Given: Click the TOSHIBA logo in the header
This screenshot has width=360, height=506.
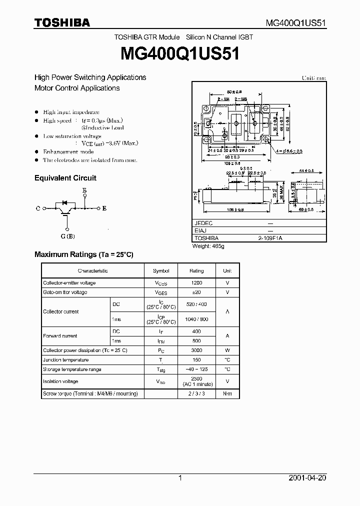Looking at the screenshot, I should pyautogui.click(x=62, y=22).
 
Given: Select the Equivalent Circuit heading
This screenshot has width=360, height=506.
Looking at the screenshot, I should pyautogui.click(x=65, y=178).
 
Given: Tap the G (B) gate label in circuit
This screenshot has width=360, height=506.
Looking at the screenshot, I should pyautogui.click(x=68, y=236).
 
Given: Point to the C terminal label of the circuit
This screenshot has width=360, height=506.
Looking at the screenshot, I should pyautogui.click(x=38, y=208).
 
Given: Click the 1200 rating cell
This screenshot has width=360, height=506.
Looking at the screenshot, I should pyautogui.click(x=196, y=283).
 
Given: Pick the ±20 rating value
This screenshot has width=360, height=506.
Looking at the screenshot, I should pyautogui.click(x=196, y=292).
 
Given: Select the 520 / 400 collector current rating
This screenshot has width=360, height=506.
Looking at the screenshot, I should pyautogui.click(x=196, y=304).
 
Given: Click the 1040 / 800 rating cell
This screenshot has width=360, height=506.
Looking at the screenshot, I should pyautogui.click(x=196, y=319).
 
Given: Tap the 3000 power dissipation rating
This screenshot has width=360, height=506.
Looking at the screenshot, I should pyautogui.click(x=196, y=350).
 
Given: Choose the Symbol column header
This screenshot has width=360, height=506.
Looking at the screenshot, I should pyautogui.click(x=161, y=270).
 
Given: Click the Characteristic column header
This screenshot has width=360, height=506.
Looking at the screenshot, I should pyautogui.click(x=93, y=270).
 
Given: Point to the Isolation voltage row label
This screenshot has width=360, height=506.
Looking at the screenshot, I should pyautogui.click(x=60, y=381).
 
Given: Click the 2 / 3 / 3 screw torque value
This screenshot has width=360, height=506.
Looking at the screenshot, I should pyautogui.click(x=196, y=394).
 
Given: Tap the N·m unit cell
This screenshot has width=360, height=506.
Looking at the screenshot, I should pyautogui.click(x=227, y=394).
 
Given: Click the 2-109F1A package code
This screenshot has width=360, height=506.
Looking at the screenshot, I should pyautogui.click(x=270, y=238).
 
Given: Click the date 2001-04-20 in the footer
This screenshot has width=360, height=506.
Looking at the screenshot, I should pyautogui.click(x=307, y=478).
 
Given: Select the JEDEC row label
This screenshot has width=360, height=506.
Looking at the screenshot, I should pyautogui.click(x=203, y=223).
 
